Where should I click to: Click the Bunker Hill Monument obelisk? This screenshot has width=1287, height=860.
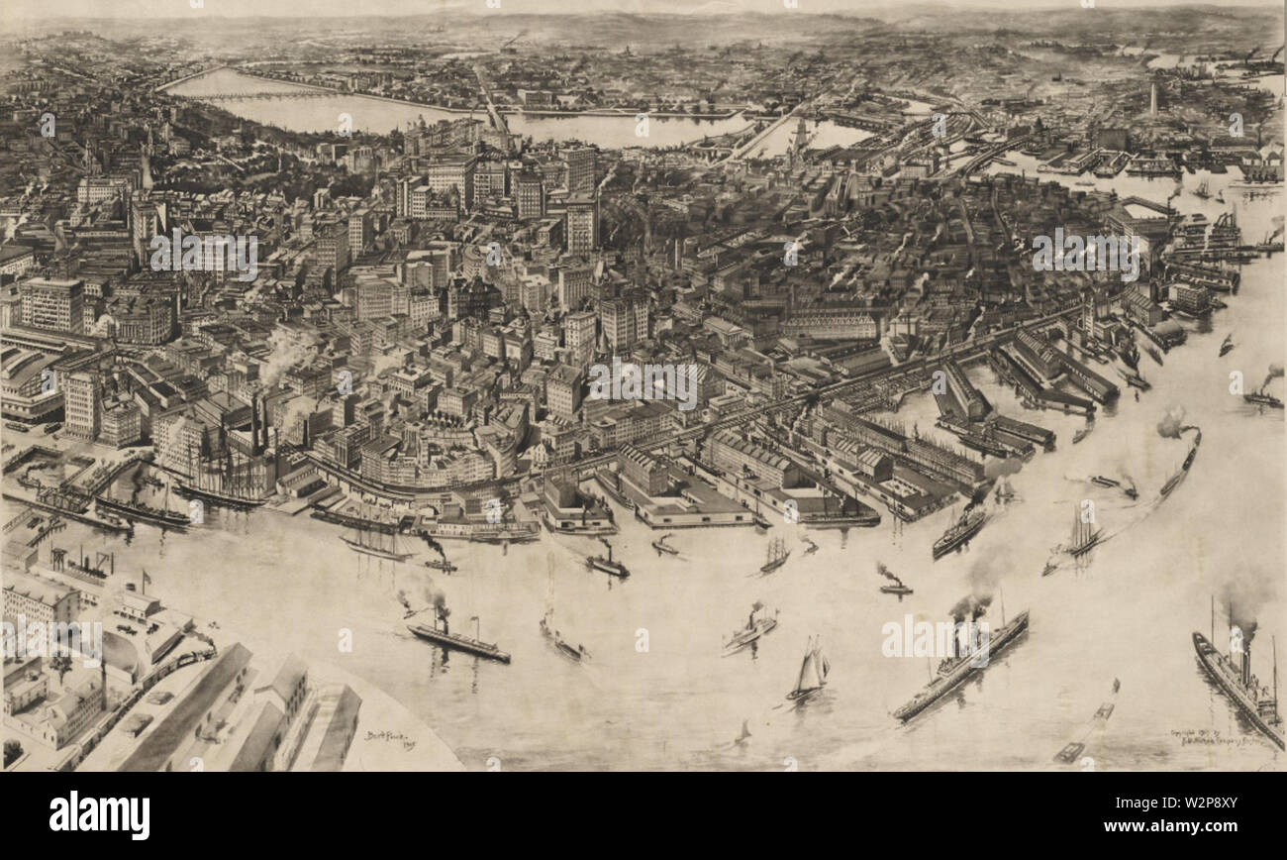coord(1152,96)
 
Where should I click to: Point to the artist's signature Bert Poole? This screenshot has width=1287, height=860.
coord(387,736)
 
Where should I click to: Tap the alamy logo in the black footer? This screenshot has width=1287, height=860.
coord(99,815)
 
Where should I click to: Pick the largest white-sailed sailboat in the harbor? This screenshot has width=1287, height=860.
coord(810,671)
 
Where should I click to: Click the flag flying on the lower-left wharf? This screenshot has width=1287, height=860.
coord(148,577)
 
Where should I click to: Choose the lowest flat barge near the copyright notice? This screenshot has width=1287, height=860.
coord(1067,752)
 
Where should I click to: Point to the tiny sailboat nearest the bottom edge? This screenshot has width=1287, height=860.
coord(742,734)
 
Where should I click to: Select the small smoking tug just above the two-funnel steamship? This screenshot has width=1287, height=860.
coord(893,587)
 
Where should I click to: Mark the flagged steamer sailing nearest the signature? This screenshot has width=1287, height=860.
coord(458,641)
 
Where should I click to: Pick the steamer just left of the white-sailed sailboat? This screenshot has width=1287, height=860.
coord(749,630)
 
